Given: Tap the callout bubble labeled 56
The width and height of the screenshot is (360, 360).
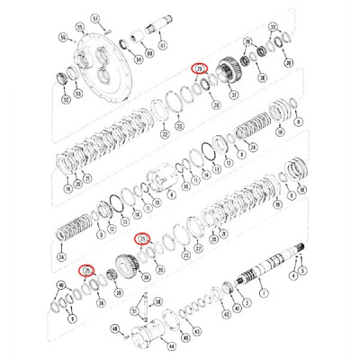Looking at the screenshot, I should [64, 37].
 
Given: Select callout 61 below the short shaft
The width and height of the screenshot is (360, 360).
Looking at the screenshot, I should [162, 45].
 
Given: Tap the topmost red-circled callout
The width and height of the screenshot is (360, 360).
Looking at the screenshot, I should [201, 69].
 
